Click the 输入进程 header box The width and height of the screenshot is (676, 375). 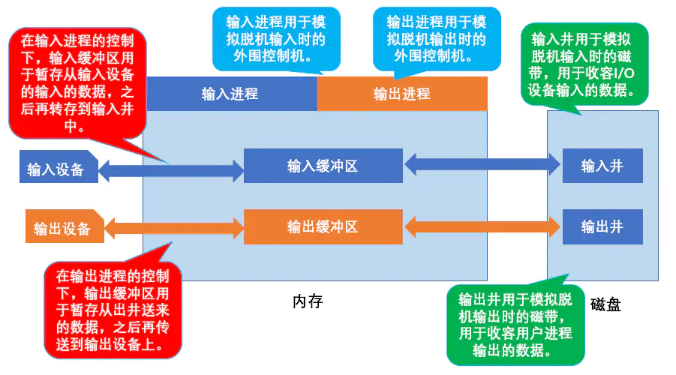click(x=231, y=94)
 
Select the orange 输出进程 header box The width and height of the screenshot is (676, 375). click(x=402, y=94)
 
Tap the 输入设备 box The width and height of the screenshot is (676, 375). click(x=59, y=169)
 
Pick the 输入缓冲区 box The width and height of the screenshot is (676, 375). click(x=323, y=166)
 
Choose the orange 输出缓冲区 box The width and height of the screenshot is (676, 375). click(x=323, y=226)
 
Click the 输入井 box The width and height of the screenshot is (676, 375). click(x=602, y=166)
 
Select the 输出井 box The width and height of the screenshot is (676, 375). click(x=602, y=226)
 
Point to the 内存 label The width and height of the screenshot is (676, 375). click(x=308, y=301)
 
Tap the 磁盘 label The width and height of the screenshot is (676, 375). click(x=605, y=304)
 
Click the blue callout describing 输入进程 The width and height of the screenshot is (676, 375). click(x=276, y=38)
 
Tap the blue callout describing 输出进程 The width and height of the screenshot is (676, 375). click(x=437, y=38)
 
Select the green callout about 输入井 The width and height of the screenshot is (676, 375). click(x=585, y=65)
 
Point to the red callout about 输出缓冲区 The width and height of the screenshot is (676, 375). click(x=116, y=310)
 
